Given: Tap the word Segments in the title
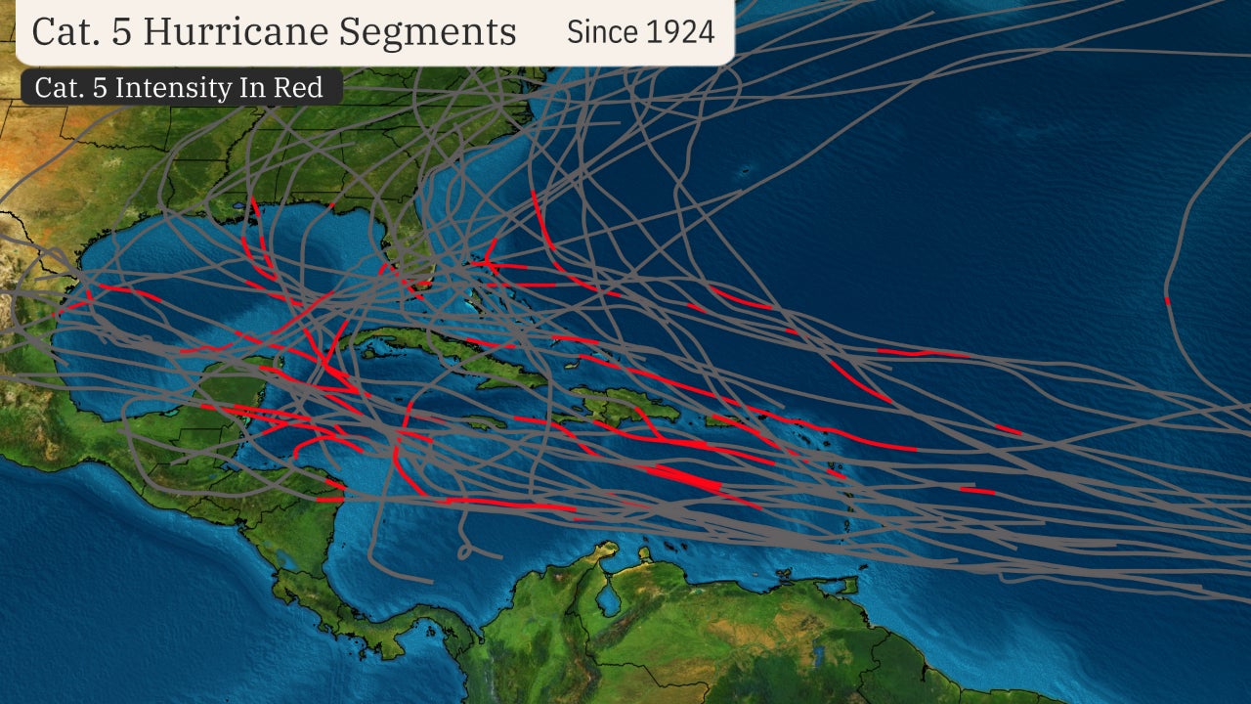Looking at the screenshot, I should tap(429, 31).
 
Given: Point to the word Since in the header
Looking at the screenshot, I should tap(599, 31).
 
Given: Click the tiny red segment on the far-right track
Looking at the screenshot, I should tap(1167, 300).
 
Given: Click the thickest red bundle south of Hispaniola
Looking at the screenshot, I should tap(684, 478).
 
